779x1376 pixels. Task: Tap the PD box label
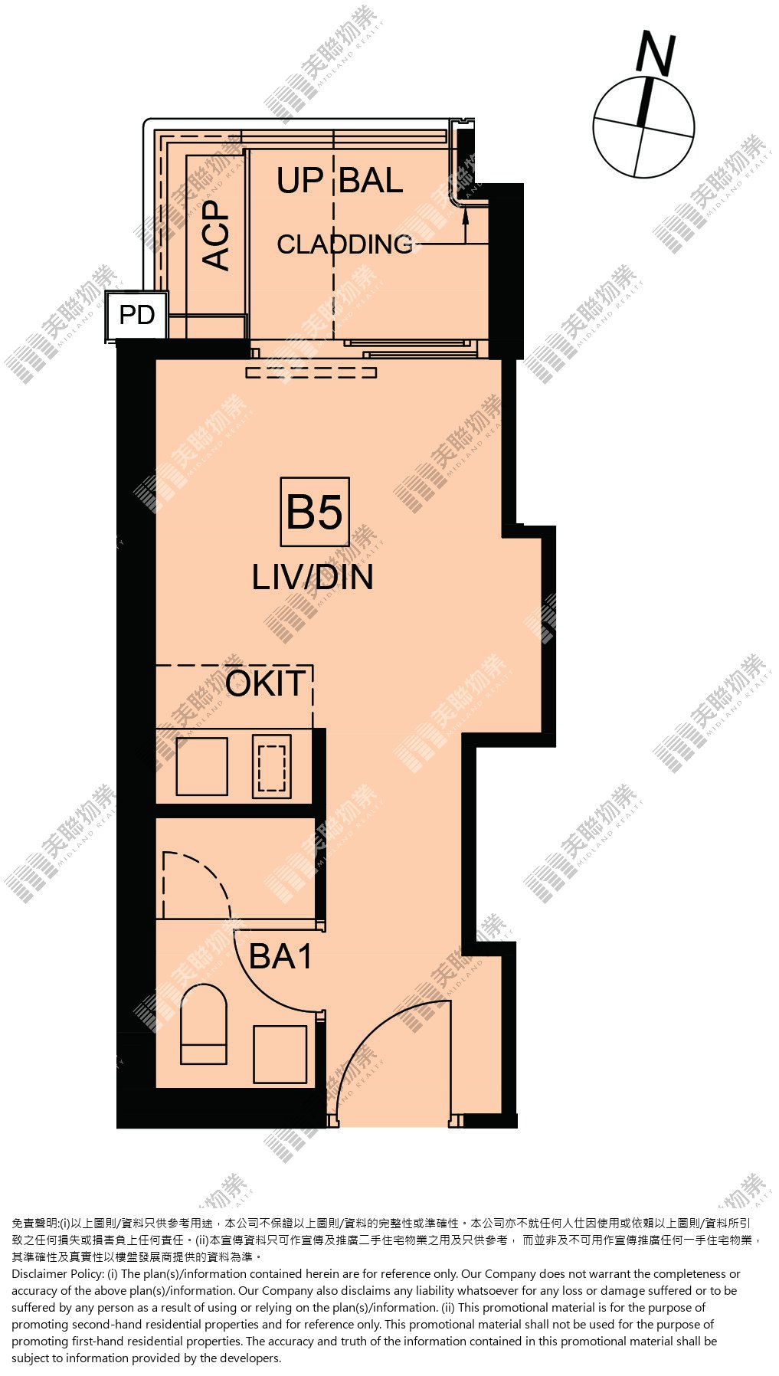point(137,315)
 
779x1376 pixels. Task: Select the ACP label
point(216,234)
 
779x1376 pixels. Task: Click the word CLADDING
point(345,244)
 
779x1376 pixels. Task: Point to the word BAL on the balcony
point(371,181)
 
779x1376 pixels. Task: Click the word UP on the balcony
point(300,181)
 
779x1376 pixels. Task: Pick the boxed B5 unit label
point(315,512)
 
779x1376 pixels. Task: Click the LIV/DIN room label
point(313,577)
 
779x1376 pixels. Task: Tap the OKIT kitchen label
point(266,683)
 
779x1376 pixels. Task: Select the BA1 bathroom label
point(281,956)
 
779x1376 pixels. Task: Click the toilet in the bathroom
point(204,1024)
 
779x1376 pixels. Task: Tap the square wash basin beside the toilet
point(280,1054)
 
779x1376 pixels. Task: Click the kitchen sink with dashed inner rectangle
point(272,766)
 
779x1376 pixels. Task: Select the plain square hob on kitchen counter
point(202,766)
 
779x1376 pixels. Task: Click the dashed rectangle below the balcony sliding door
point(311,372)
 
